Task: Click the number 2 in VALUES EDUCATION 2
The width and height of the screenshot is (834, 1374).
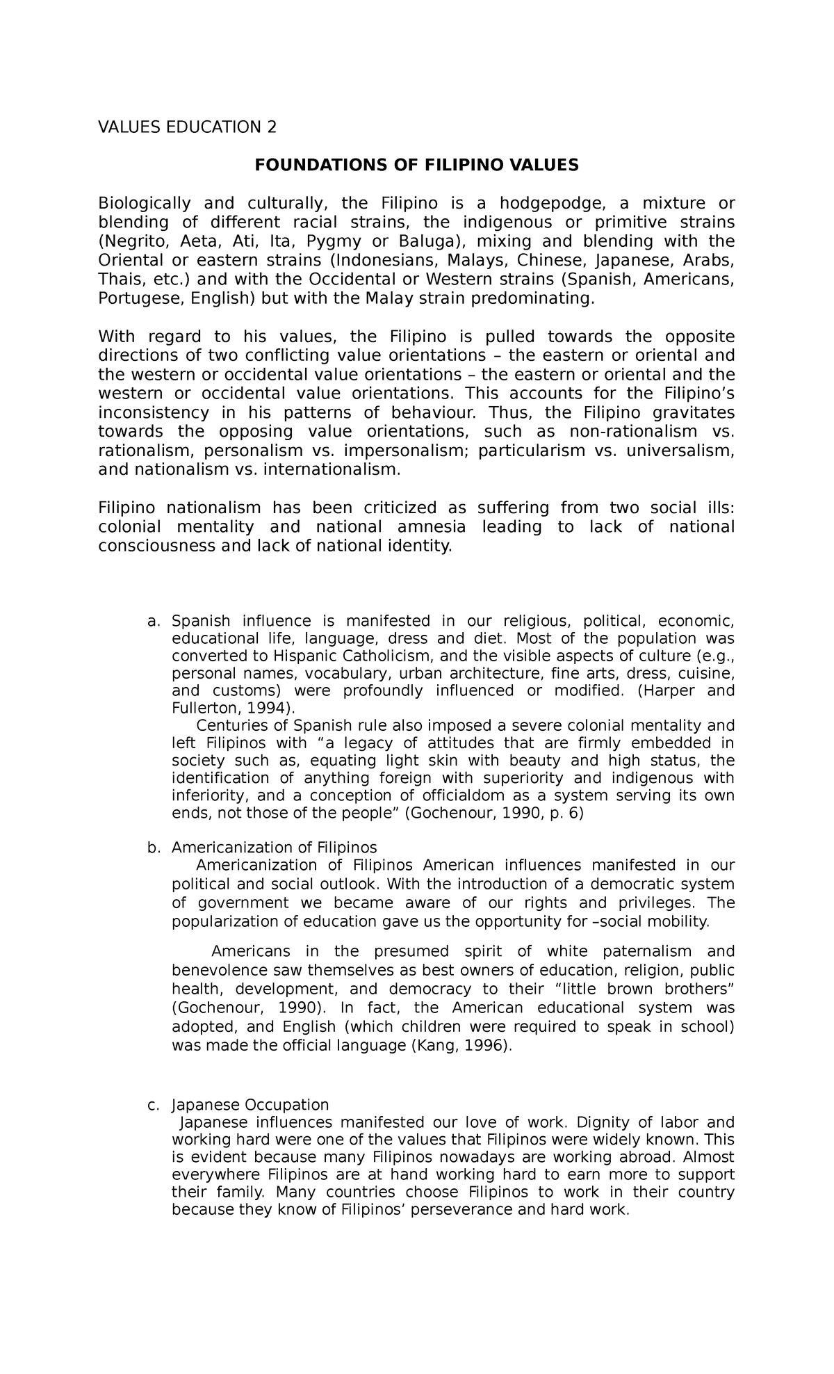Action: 272,127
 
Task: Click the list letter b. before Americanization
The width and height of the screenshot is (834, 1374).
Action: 154,848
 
